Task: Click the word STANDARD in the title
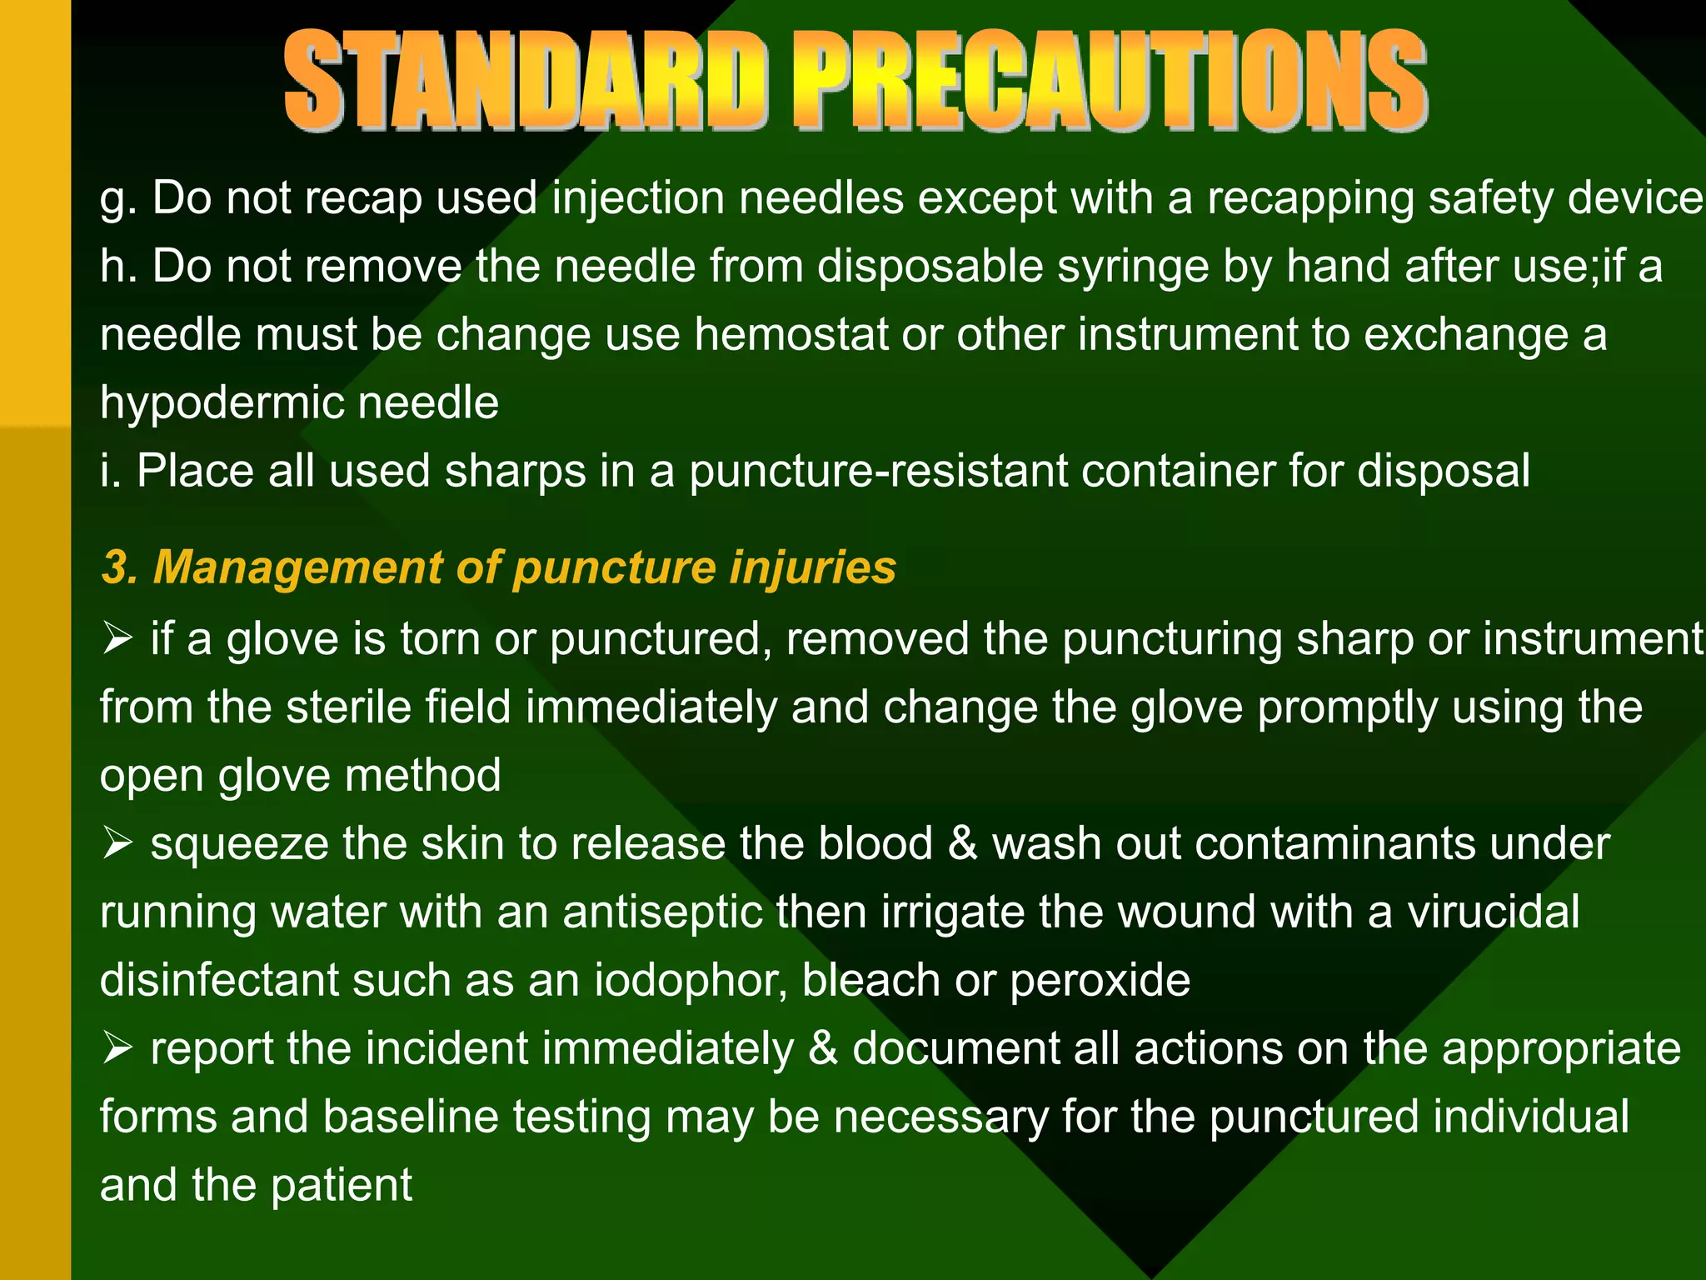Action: coord(525,81)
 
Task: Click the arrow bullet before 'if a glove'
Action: coord(117,639)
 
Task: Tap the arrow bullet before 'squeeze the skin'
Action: coord(117,844)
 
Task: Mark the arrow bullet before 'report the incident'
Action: coord(117,1048)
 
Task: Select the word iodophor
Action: coord(691,981)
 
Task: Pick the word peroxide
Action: coord(1100,981)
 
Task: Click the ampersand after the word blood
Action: coord(962,843)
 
